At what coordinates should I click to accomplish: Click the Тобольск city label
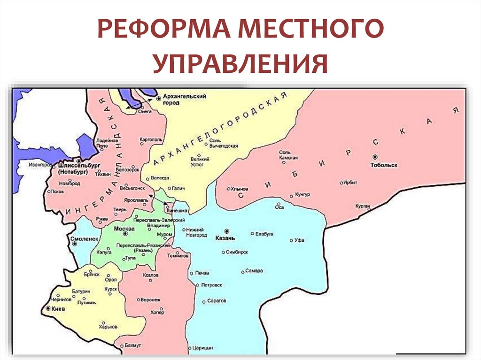coord(384,165)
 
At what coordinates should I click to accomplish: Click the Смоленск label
coord(83,238)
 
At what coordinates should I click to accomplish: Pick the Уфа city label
coord(299,240)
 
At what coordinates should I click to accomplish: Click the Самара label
coord(254,271)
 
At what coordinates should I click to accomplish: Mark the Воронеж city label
coord(151,299)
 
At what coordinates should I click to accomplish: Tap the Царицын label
coord(203,348)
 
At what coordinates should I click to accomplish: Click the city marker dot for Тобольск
coord(375,157)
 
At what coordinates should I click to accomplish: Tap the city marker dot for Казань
coord(227,231)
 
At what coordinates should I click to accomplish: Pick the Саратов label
coord(217,301)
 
